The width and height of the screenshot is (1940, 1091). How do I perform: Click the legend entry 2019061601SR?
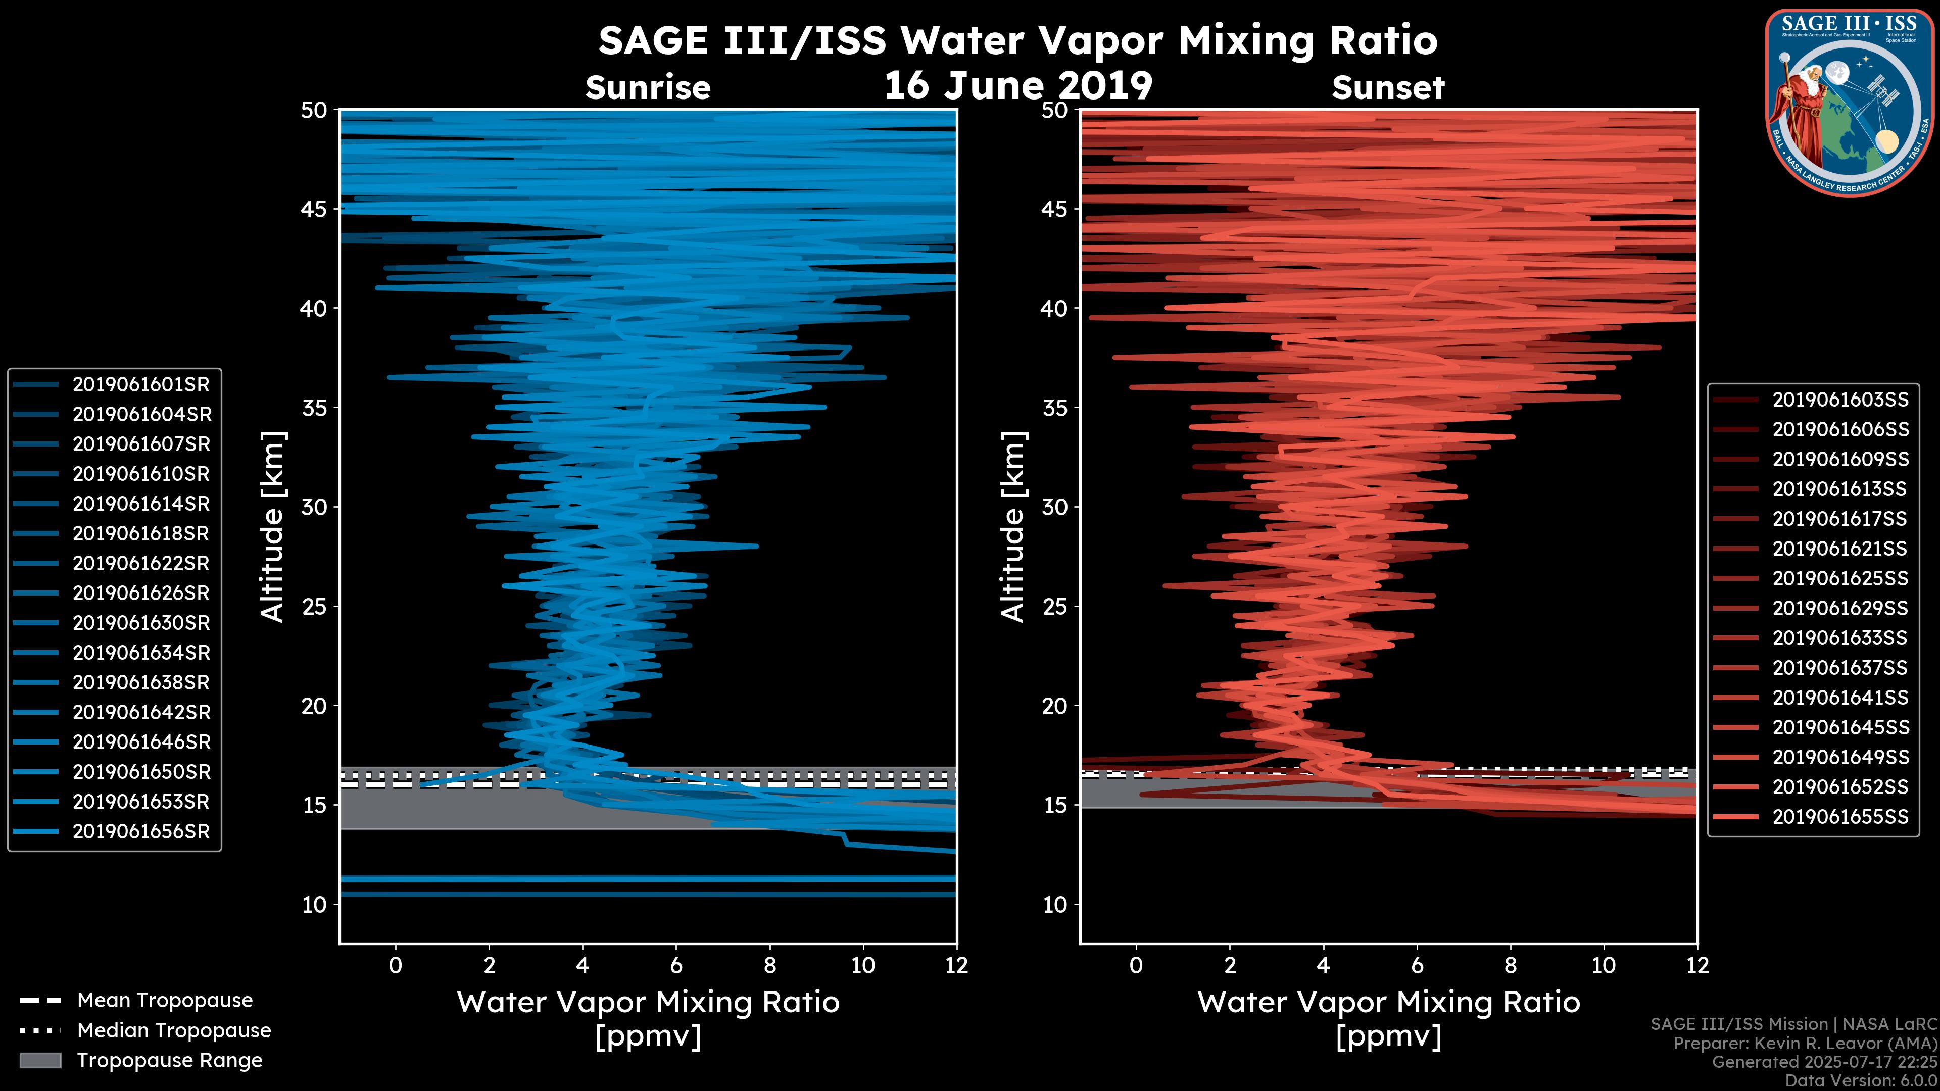tap(141, 385)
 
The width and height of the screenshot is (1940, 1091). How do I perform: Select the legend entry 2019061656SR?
tap(141, 832)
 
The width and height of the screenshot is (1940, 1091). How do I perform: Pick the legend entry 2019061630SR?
tap(141, 623)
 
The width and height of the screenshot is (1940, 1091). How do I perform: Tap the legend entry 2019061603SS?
tap(1840, 400)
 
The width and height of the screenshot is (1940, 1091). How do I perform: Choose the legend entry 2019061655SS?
tap(1840, 817)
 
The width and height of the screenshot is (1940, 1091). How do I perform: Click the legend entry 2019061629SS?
tap(1840, 608)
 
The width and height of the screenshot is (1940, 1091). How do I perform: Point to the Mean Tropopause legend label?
tap(165, 1001)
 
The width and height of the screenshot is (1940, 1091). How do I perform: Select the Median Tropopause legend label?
tap(174, 1031)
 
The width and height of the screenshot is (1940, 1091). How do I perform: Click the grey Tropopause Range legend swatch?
tap(40, 1061)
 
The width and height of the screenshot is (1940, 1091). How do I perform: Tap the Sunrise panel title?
tap(648, 88)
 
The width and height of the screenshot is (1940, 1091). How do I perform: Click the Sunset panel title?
tap(1388, 88)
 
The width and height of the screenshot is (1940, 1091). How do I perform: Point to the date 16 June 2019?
tap(1018, 86)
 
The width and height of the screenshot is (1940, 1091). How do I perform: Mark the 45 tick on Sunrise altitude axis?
tap(314, 209)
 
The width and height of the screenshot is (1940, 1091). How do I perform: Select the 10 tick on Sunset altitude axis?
tap(1055, 904)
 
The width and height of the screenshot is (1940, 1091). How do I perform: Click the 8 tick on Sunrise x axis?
tap(769, 965)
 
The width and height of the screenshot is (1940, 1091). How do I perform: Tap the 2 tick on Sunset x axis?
tap(1230, 965)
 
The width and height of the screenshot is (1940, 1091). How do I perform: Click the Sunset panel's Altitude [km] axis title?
tap(1013, 526)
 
